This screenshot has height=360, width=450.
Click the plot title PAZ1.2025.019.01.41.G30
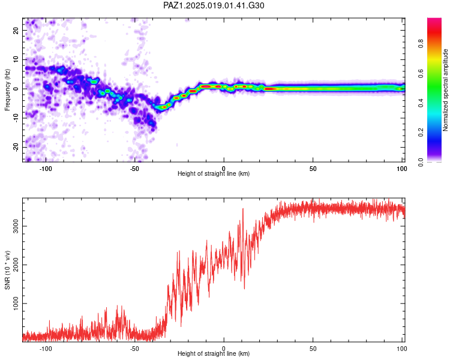coord(214,5)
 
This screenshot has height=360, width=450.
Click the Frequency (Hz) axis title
coord(7,90)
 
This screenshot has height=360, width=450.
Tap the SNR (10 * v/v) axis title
coord(7,270)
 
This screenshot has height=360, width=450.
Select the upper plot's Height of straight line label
coord(214,173)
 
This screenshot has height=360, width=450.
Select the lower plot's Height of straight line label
coord(214,353)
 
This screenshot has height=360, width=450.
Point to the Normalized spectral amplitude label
coord(445,90)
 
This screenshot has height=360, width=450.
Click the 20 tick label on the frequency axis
coord(16,30)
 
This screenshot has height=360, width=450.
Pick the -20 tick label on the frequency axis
coord(16,147)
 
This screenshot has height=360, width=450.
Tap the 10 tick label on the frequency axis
coord(16,59)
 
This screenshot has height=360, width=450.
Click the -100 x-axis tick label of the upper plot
coord(46,169)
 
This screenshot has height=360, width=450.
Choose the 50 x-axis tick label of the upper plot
coord(313,169)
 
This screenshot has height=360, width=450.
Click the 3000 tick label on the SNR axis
coord(16,226)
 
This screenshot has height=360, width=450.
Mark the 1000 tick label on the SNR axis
coord(16,304)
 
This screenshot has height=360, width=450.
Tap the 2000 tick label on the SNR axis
coord(16,265)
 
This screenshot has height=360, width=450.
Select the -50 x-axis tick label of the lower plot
coord(134,349)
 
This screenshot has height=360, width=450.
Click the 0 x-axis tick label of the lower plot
coord(224,349)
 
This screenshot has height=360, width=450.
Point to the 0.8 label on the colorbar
coord(421,44)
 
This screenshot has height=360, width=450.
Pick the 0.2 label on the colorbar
coord(421,133)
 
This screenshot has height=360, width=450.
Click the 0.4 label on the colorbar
coord(421,103)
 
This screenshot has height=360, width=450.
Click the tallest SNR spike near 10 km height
coord(243,209)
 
